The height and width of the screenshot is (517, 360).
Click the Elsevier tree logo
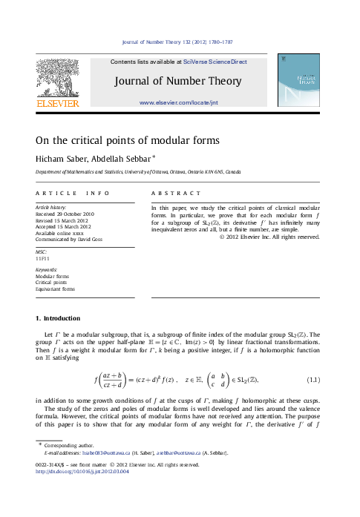(x=53, y=79)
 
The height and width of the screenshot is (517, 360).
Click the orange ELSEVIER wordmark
(x=53, y=104)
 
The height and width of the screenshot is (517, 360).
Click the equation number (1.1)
(x=312, y=381)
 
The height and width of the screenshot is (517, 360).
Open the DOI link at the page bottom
(x=81, y=470)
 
